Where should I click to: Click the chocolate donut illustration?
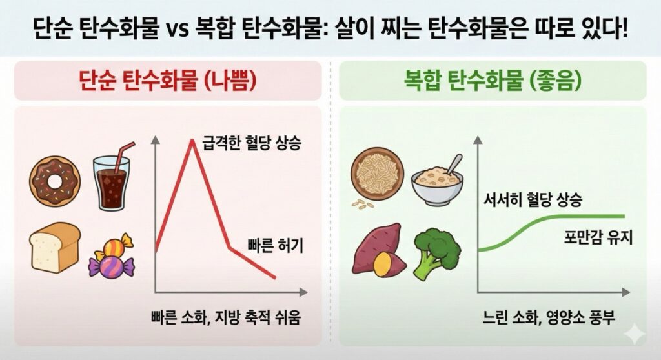point(55,181)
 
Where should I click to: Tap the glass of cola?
point(112,182)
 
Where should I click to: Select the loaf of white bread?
point(55,247)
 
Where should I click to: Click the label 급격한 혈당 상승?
point(252,143)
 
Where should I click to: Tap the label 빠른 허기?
point(275,245)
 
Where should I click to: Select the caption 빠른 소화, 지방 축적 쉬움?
point(226,317)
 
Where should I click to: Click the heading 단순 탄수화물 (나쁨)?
point(168,81)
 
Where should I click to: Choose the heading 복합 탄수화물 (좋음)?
point(493,81)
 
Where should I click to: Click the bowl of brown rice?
point(377,174)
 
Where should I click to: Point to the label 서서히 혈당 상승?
point(533,199)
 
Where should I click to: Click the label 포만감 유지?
point(598,237)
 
